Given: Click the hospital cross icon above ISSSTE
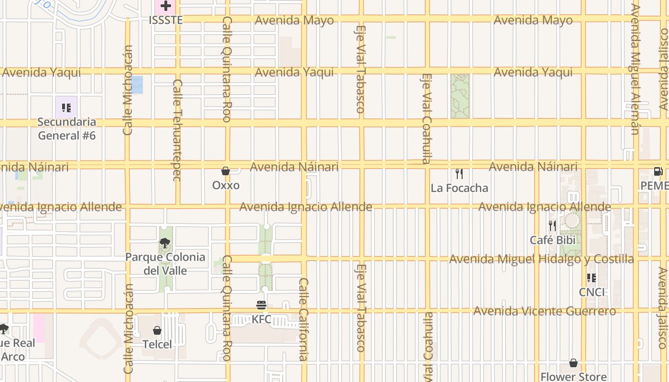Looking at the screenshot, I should (166, 6).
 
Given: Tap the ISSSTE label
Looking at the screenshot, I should (166, 20).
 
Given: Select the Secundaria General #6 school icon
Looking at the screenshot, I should (66, 107).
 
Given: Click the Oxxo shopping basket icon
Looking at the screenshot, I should (226, 171).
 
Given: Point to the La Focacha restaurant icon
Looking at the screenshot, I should (459, 173).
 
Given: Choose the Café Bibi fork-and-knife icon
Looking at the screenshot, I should (552, 225).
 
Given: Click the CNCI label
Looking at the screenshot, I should (592, 292).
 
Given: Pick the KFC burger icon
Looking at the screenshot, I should (261, 305).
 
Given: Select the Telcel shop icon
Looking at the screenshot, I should (157, 330).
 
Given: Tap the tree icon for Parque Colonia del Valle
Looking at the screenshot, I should (165, 243).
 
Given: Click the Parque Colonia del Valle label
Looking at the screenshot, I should (165, 264).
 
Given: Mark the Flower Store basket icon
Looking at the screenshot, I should (573, 363).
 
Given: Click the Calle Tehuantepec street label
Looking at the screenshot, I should (177, 130).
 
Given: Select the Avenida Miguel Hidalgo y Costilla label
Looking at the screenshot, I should (541, 259).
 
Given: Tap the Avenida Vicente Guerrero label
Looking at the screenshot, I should (544, 311).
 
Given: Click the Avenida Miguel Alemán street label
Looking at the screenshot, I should (635, 69).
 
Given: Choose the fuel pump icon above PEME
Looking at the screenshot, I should (658, 171).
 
